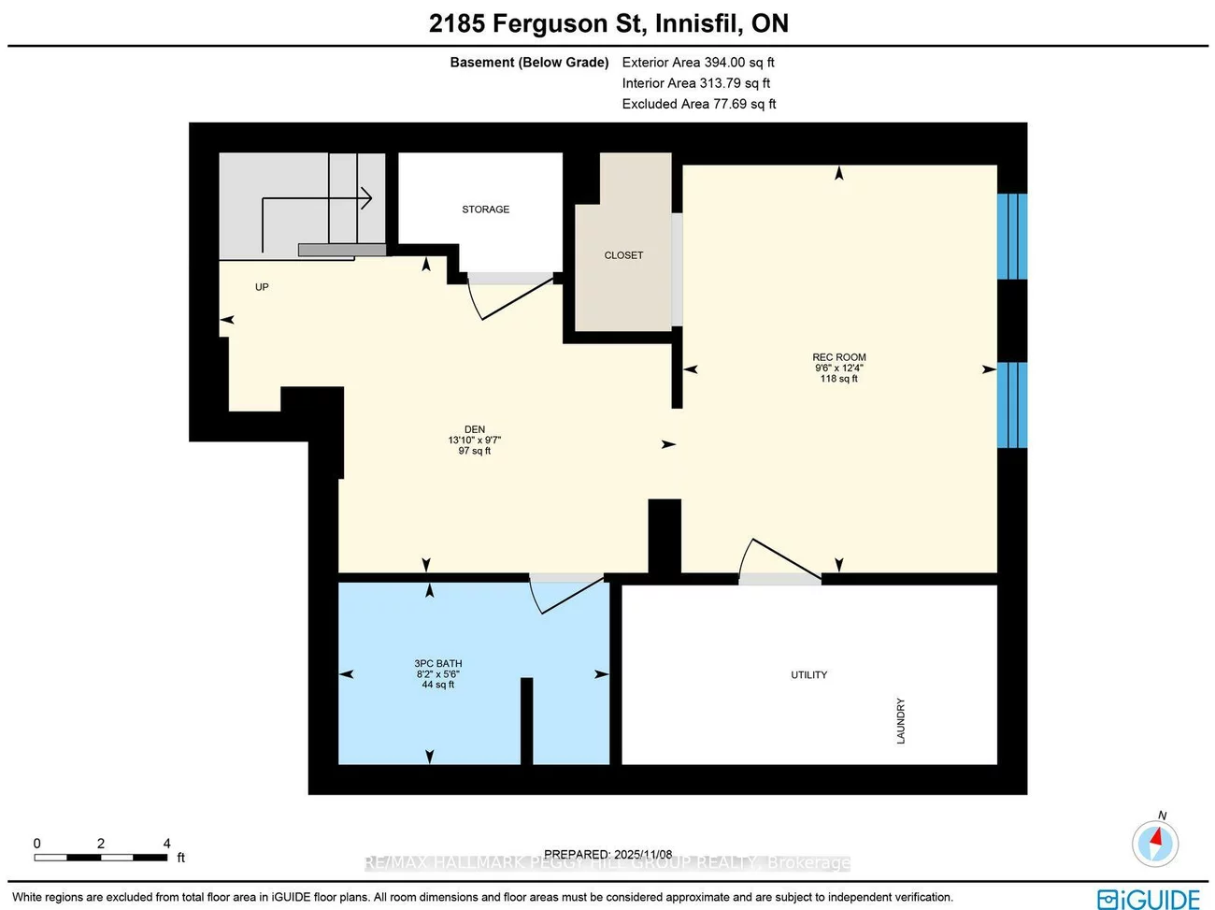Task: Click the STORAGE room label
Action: (485, 209)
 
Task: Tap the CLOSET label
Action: (623, 255)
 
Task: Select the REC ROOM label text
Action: (838, 357)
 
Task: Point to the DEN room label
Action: (475, 430)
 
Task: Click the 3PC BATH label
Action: (438, 664)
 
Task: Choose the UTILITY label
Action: (808, 675)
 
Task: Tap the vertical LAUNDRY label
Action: (901, 721)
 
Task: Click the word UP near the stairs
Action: (262, 287)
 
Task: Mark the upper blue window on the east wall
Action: (1011, 237)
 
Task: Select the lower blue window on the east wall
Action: (1011, 405)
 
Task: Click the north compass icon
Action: (1155, 844)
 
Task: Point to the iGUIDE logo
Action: (1149, 899)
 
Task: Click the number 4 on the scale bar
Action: (167, 844)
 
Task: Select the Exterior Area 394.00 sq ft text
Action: (698, 63)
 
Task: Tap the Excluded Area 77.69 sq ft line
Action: (699, 104)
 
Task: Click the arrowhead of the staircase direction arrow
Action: (367, 198)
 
